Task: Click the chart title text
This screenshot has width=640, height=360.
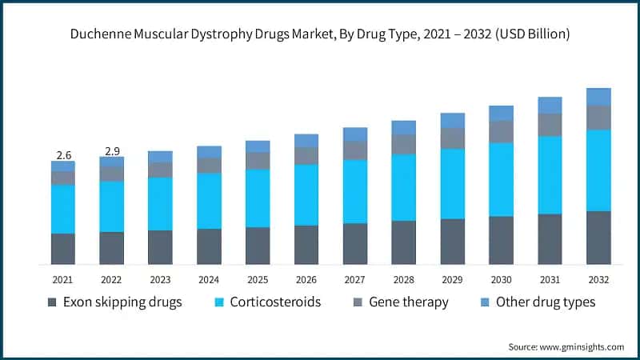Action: click(320, 34)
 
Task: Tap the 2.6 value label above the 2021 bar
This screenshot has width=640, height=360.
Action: click(63, 154)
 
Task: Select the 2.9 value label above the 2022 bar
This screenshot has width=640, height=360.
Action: click(111, 150)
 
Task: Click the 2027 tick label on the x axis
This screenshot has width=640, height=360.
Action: click(354, 280)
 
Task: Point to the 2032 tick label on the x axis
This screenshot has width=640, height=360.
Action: click(598, 280)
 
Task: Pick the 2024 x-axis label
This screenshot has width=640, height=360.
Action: click(209, 280)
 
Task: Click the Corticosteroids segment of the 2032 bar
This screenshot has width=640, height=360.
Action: click(598, 170)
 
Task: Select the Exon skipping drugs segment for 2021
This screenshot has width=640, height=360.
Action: click(63, 249)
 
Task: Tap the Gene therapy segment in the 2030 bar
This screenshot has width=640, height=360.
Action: click(501, 131)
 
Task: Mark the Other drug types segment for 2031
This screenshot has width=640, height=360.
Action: click(550, 105)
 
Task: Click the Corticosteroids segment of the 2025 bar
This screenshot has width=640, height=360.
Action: click(258, 198)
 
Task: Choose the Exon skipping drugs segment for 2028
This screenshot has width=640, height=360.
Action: click(403, 242)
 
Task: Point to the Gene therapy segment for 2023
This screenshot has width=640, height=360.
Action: click(160, 170)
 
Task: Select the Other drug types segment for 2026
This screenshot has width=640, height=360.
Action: click(306, 140)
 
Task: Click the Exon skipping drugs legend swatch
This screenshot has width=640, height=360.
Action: click(53, 302)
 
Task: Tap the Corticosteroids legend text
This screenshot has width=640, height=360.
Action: click(275, 302)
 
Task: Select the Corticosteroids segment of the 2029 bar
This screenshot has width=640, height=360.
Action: click(452, 184)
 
